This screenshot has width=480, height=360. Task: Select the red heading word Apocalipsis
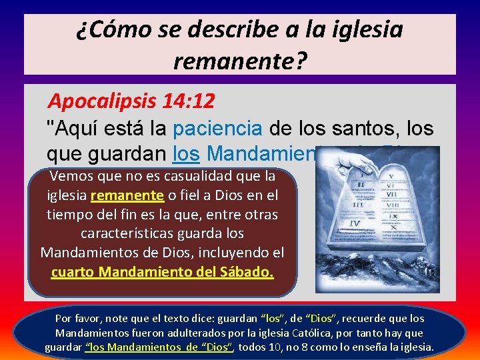(x=103, y=102)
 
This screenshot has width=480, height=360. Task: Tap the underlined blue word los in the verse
(x=187, y=153)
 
